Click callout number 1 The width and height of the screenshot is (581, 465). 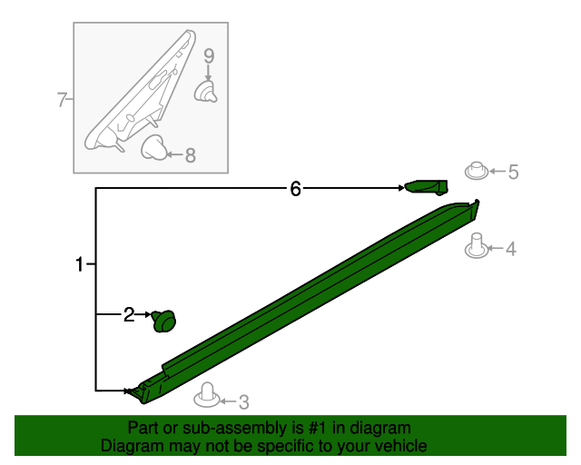[79, 264]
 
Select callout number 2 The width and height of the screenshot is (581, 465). [129, 315]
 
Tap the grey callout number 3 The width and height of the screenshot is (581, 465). [243, 402]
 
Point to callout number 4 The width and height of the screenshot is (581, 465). [510, 249]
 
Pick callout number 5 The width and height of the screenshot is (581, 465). [513, 172]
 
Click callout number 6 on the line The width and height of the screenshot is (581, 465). [295, 189]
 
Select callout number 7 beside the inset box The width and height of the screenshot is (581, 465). [62, 99]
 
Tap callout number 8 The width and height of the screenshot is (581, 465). [190, 155]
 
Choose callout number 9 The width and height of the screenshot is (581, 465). [209, 56]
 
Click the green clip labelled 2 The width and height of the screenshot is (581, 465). [163, 322]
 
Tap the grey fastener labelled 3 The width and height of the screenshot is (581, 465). [207, 395]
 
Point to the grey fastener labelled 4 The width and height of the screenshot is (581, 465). [477, 246]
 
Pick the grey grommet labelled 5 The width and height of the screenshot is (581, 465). [477, 171]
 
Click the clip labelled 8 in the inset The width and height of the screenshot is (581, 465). [153, 148]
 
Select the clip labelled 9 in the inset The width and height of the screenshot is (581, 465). [206, 92]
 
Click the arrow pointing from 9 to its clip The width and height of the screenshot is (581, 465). [209, 73]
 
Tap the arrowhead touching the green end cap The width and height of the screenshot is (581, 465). [401, 188]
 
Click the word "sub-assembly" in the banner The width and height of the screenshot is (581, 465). [234, 429]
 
